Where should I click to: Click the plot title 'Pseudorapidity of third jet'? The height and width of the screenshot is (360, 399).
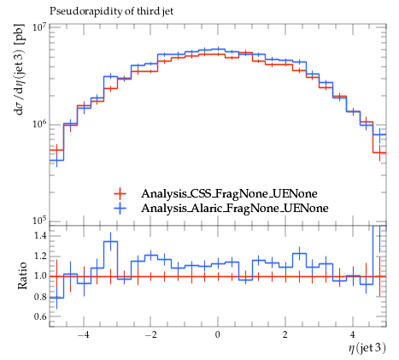click(111, 11)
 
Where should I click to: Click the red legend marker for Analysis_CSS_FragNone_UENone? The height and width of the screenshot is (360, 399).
click(120, 194)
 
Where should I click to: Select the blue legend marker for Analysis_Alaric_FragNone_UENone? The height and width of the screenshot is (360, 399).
click(120, 209)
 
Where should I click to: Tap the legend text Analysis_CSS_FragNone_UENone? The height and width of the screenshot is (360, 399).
click(229, 194)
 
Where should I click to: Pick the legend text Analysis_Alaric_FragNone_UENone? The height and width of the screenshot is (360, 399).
click(235, 209)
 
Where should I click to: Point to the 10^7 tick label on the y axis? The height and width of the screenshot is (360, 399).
click(39, 27)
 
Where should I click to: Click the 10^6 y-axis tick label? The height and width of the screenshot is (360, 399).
click(39, 124)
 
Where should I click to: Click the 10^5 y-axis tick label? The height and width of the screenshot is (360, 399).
click(39, 221)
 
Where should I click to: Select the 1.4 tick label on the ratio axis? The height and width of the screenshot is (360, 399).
click(40, 236)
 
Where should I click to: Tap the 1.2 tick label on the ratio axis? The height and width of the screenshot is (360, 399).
click(40, 256)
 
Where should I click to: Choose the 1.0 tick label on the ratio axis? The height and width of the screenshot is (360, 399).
click(40, 276)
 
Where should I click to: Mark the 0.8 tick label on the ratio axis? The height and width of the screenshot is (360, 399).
click(40, 297)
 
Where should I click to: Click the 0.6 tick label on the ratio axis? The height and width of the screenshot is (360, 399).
click(40, 316)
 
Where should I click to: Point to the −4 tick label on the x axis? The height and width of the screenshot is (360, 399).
click(84, 334)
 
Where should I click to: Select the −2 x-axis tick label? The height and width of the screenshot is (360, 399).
click(150, 334)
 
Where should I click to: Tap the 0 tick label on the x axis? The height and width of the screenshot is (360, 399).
click(218, 334)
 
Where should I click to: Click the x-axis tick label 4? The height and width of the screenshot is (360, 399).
click(353, 334)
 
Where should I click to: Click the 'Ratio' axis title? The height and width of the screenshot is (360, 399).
click(22, 275)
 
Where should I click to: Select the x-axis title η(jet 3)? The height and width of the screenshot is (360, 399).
click(367, 348)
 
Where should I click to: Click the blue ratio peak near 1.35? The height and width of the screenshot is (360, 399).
click(110, 241)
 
